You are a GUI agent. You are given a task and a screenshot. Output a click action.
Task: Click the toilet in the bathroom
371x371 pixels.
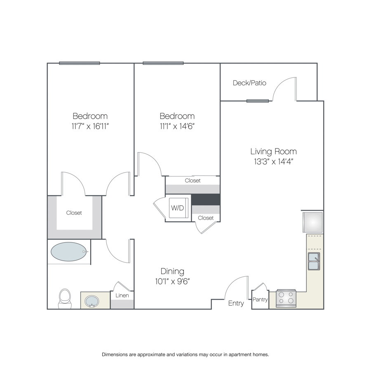tap(65, 298)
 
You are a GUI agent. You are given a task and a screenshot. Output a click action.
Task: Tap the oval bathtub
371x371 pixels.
tap(68, 251)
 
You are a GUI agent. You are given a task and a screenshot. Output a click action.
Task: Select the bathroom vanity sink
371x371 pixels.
tap(92, 301)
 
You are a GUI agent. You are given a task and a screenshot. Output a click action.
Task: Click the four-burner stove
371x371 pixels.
tap(286, 298)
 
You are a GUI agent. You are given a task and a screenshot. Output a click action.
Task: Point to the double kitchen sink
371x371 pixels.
tap(314, 261)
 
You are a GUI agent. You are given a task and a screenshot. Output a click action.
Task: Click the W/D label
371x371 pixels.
tap(177, 208)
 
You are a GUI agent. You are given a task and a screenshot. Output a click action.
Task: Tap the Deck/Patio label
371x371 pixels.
tap(249, 83)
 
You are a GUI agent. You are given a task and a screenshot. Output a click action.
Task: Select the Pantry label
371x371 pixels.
tap(260, 300)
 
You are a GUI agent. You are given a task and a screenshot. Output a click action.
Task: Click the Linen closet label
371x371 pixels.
tap(122, 295)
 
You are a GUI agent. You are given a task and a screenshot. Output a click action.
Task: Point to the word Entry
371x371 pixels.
tap(236, 303)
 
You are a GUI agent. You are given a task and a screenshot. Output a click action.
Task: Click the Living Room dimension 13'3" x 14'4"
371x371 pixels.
tap(274, 162)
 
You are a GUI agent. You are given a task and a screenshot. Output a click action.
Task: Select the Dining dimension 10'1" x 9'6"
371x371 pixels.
tap(172, 281)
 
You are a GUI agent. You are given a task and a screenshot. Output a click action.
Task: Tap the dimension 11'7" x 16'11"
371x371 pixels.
tap(90, 126)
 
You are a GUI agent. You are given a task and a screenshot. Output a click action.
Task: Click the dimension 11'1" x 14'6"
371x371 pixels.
tap(177, 126)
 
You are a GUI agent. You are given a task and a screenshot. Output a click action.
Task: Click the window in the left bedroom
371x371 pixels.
tap(80, 63)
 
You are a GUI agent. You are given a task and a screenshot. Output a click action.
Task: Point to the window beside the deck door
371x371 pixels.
tap(257, 101)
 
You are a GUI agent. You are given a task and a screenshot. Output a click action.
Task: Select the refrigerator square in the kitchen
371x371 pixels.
tap(312, 222)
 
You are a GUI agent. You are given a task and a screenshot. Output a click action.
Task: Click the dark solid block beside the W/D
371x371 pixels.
tap(206, 200)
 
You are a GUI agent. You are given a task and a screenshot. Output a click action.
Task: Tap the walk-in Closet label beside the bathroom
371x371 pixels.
tap(74, 213)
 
